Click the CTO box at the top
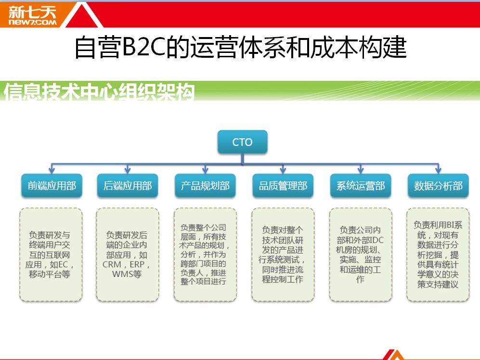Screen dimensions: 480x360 click(x=243, y=142)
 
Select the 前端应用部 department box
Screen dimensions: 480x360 click(x=52, y=185)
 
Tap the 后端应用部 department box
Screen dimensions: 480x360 click(x=128, y=185)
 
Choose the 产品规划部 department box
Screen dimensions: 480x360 click(x=205, y=185)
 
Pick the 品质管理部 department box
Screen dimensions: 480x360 click(x=283, y=185)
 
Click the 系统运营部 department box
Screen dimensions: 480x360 click(x=361, y=185)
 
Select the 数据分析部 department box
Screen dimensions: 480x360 click(x=438, y=185)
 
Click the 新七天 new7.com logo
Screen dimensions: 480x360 click(x=32, y=15)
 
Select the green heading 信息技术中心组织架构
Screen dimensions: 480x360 click(x=99, y=91)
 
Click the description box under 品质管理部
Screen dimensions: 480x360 click(x=283, y=255)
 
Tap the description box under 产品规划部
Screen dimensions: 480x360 click(x=205, y=255)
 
